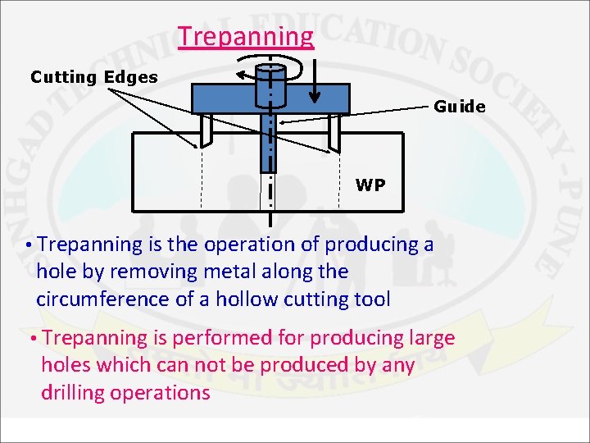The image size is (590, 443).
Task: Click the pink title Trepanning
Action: tap(246, 37)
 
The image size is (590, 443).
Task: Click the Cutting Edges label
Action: tap(94, 77)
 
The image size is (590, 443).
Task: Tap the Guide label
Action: tap(459, 107)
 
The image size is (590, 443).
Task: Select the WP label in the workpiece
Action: tap(370, 185)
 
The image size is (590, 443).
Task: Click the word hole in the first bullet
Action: tap(55, 272)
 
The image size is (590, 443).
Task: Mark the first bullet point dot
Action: tap(29, 245)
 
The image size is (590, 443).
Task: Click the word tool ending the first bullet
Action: tap(372, 299)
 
